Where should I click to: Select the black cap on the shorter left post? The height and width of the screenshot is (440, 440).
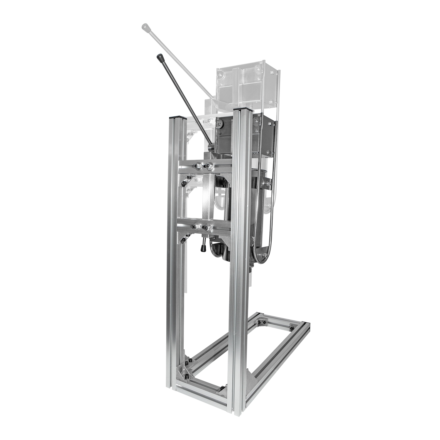[x=177, y=117]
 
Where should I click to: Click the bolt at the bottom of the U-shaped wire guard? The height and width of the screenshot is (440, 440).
[x=265, y=255]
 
